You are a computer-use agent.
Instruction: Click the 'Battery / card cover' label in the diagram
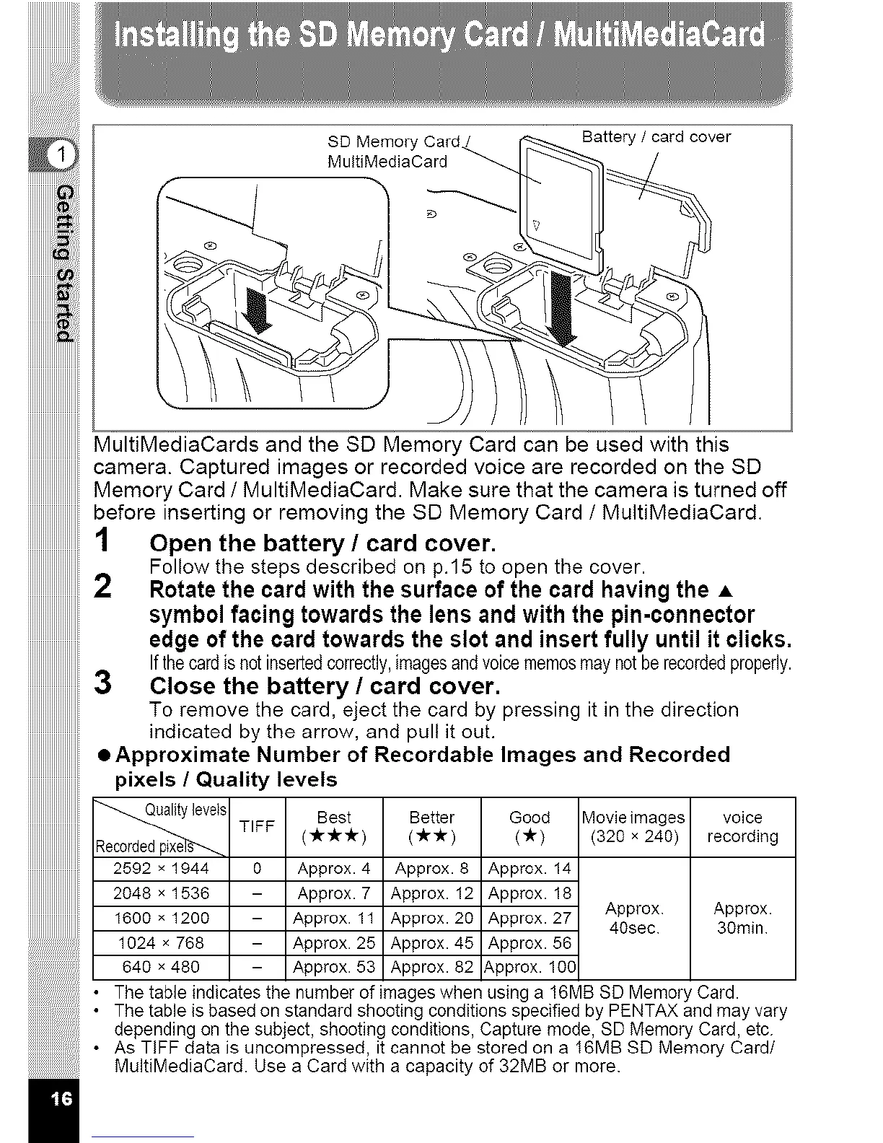click(656, 137)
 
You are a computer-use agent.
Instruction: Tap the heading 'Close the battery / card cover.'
click(324, 686)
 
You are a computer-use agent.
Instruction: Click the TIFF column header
click(257, 827)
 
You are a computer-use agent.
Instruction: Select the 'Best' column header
click(334, 826)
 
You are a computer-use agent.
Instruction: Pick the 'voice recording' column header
click(742, 827)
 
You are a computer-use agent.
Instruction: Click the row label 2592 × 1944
click(161, 868)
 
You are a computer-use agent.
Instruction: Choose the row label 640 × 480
click(161, 967)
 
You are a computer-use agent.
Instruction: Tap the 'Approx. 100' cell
click(530, 967)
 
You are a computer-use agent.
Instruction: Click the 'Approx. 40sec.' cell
click(634, 918)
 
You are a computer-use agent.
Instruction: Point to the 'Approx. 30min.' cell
click(742, 918)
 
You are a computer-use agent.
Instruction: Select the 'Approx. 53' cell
click(334, 967)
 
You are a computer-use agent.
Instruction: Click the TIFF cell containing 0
click(257, 868)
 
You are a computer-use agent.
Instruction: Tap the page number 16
click(61, 1099)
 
